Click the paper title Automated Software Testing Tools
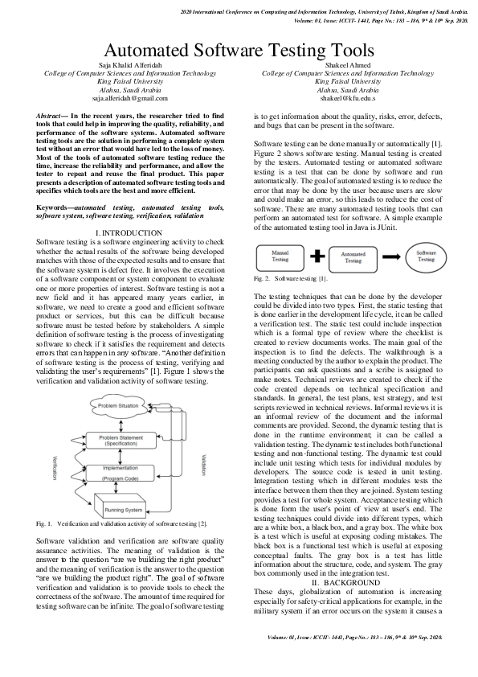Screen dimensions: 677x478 (x=239, y=51)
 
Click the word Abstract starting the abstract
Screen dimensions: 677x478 (x=53, y=117)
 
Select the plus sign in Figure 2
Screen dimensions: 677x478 (x=316, y=257)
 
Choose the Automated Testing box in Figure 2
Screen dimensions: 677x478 (x=353, y=257)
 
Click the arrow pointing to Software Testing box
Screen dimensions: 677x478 (x=389, y=257)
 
